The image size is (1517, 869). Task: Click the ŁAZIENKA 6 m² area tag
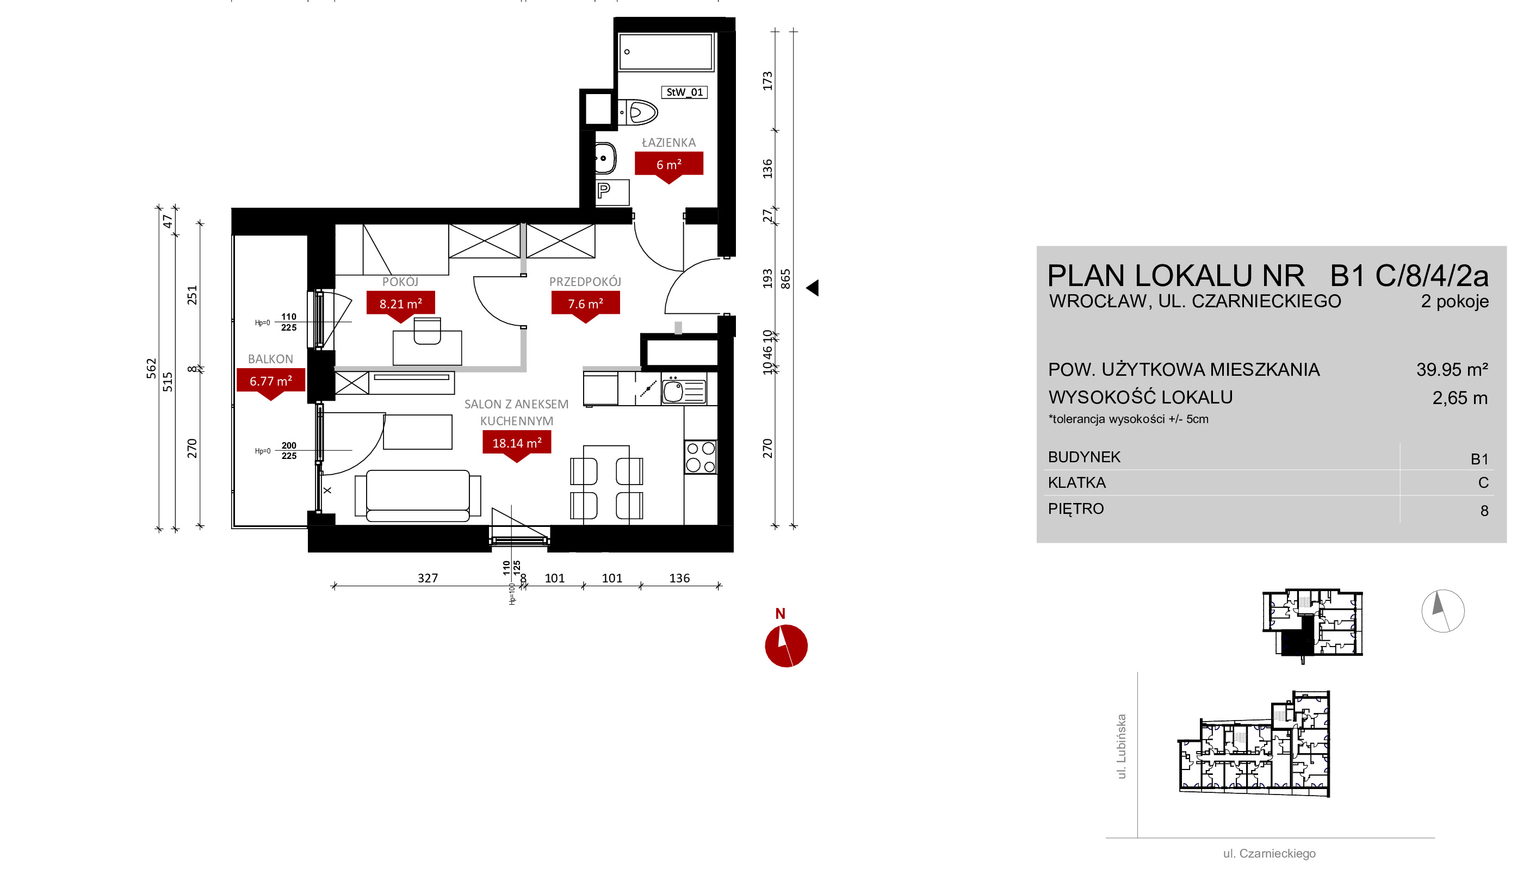tap(668, 165)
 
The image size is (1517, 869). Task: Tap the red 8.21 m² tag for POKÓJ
tap(400, 305)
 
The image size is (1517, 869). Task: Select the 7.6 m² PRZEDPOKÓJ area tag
tap(585, 305)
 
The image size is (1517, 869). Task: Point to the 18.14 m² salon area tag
tap(517, 443)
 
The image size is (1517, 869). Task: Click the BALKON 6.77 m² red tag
tap(271, 381)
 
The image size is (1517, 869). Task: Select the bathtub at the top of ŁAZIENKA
tap(666, 52)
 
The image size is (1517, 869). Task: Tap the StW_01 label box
tap(684, 92)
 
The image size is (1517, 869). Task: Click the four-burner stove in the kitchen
tap(701, 457)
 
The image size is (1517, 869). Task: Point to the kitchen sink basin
tap(673, 392)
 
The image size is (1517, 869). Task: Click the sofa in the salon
tap(418, 495)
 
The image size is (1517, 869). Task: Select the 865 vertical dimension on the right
tap(786, 280)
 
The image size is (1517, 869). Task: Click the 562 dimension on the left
tap(152, 369)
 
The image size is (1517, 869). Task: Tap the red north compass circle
tap(787, 646)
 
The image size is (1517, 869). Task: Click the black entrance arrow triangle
tap(813, 288)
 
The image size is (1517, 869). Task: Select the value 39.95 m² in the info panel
tap(1452, 370)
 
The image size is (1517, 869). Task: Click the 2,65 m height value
tap(1460, 398)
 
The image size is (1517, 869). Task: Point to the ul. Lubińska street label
tap(1122, 746)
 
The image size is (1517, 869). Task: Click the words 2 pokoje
tap(1454, 302)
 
